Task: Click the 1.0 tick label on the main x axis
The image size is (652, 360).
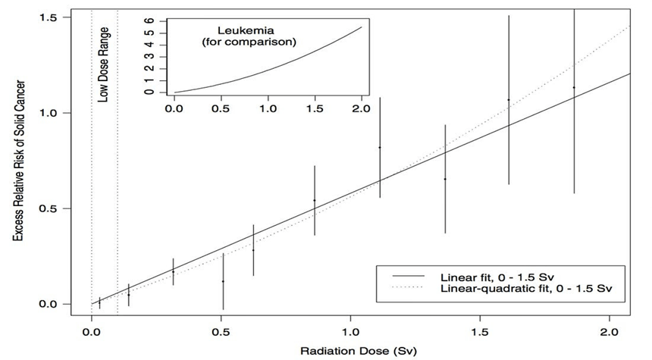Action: point(351,331)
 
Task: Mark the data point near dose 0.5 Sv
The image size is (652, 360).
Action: point(223,281)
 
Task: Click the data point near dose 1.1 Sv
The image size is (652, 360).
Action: point(380,147)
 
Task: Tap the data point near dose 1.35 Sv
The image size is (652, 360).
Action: point(445,179)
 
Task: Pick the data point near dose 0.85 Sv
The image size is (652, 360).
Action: point(315,200)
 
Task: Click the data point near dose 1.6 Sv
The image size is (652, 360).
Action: point(509,100)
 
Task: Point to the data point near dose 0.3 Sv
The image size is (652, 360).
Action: point(174,271)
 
